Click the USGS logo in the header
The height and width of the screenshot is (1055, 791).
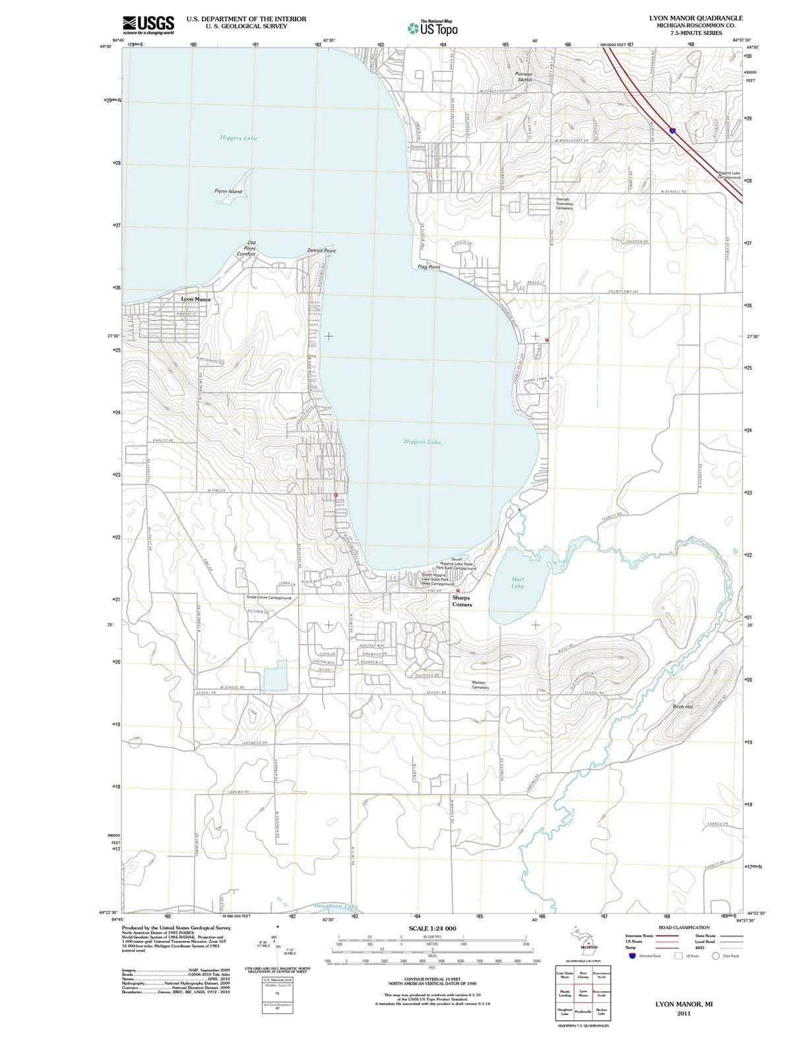(148, 24)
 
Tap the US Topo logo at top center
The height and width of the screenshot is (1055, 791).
(433, 28)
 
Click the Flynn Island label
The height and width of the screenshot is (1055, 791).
(228, 192)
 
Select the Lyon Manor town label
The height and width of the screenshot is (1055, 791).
(196, 299)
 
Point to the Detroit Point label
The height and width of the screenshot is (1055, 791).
(321, 251)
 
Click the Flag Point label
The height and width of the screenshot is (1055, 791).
(429, 267)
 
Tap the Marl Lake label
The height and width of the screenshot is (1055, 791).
(518, 582)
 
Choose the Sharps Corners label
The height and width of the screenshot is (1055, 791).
(462, 601)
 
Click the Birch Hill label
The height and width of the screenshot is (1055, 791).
(682, 707)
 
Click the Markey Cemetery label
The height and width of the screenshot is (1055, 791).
(480, 685)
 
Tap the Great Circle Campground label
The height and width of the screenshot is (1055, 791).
(269, 597)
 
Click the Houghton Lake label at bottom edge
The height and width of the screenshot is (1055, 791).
(336, 907)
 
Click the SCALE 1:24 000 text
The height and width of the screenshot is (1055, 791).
(432, 929)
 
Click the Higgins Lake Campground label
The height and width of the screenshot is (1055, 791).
(728, 175)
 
